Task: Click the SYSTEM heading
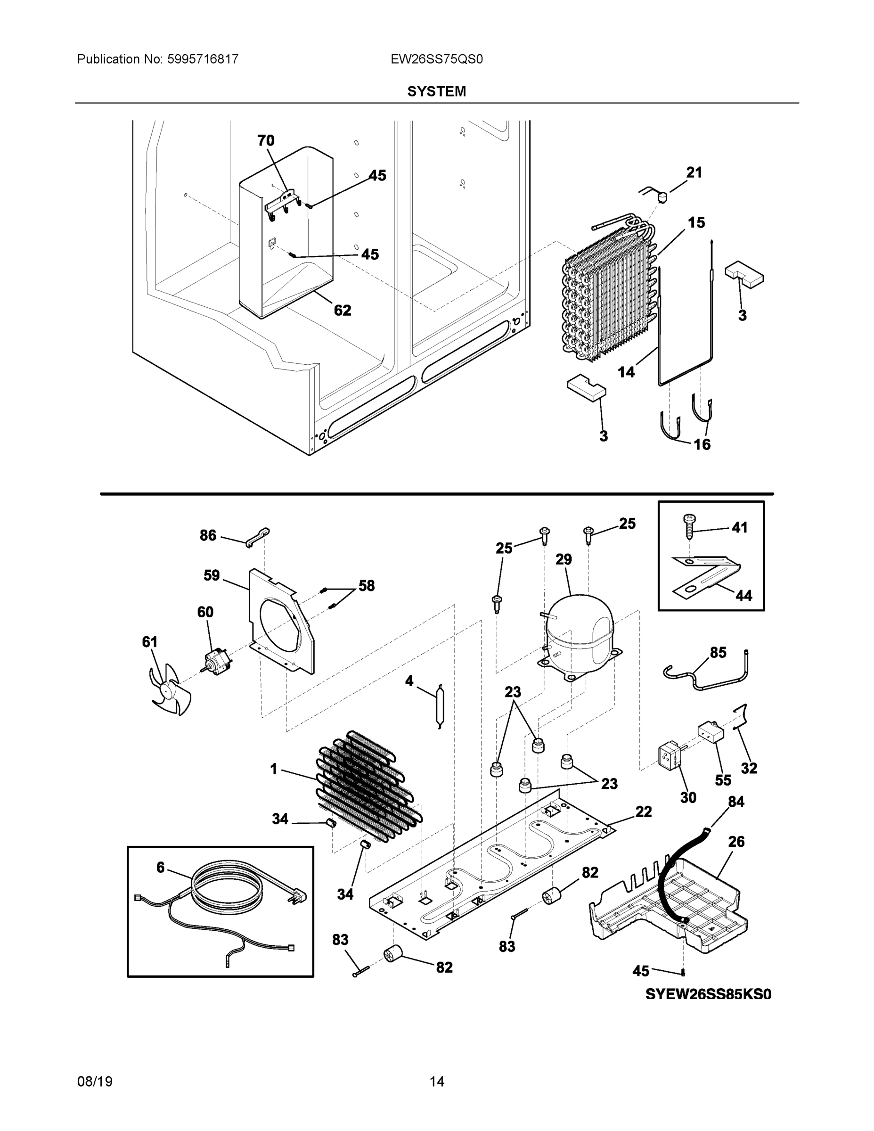click(x=436, y=92)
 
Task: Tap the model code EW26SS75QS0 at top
click(x=436, y=59)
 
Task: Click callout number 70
click(x=266, y=140)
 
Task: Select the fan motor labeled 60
click(x=216, y=661)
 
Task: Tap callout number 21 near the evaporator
click(x=694, y=172)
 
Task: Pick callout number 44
click(x=743, y=596)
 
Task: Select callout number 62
click(x=342, y=310)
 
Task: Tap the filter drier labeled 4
click(x=440, y=705)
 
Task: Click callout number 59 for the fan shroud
click(x=211, y=575)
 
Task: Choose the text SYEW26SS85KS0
click(x=708, y=994)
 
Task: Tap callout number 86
click(x=208, y=535)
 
